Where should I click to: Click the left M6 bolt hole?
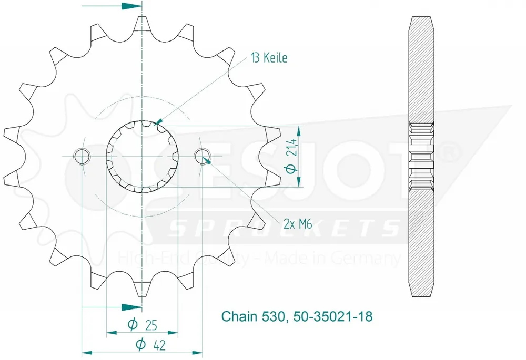tap(82, 156)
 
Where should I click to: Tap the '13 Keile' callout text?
tap(269, 58)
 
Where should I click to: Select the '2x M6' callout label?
tap(298, 224)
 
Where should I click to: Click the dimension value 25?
tap(151, 325)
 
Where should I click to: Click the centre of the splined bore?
tap(142, 156)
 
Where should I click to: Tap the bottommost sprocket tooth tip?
tap(142, 293)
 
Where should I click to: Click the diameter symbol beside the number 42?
tap(140, 345)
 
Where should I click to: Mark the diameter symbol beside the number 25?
tap(133, 325)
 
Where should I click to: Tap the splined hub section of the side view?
tap(421, 156)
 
